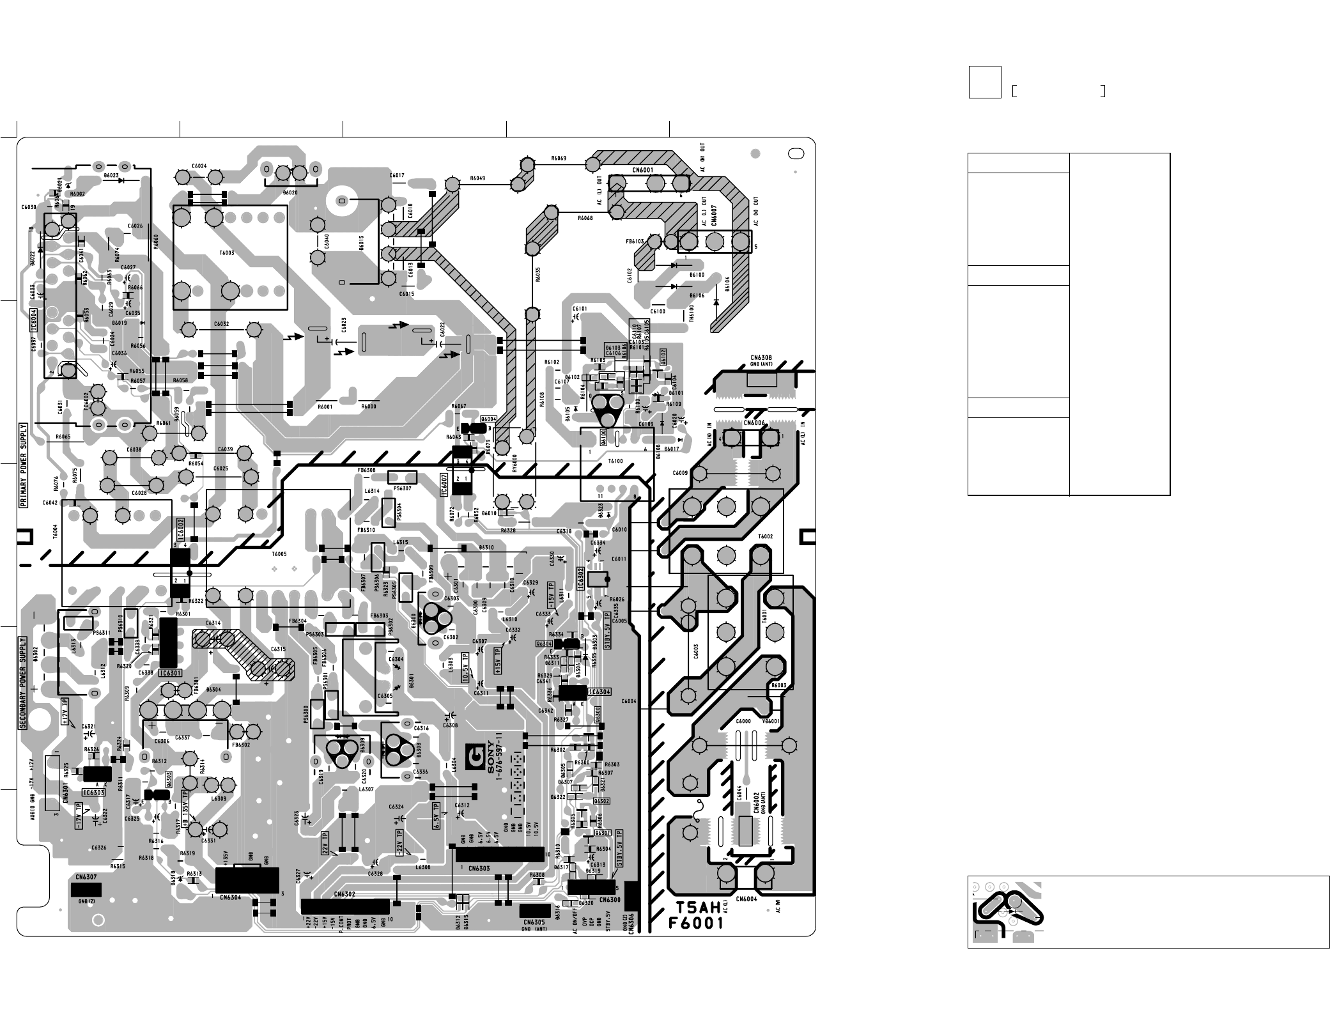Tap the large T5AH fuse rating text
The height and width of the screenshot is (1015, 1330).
[699, 906]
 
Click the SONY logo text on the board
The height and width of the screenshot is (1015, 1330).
[491, 758]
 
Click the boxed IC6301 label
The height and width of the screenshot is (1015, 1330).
[171, 673]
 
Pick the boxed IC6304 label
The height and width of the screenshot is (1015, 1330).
[599, 692]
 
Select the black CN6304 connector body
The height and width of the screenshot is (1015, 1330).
[247, 879]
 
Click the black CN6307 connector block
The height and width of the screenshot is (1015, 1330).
[85, 890]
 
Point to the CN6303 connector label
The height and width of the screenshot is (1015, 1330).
[479, 868]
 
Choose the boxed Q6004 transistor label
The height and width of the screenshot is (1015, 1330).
[489, 419]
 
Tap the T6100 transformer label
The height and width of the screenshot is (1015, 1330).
[615, 461]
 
